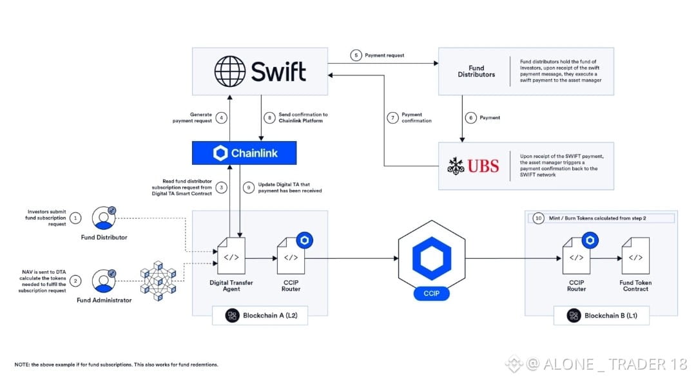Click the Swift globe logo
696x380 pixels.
click(x=230, y=70)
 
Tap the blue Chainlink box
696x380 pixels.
click(x=244, y=153)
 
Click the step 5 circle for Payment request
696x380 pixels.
click(x=356, y=55)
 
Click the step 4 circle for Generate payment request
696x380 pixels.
click(x=221, y=118)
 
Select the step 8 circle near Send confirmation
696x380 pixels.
click(x=269, y=118)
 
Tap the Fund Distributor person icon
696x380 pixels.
click(x=104, y=218)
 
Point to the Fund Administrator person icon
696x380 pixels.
click(x=104, y=281)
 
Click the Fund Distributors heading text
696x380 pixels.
click(x=477, y=71)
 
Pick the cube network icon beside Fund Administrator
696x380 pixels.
click(x=158, y=281)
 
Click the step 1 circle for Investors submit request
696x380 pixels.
click(x=76, y=218)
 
